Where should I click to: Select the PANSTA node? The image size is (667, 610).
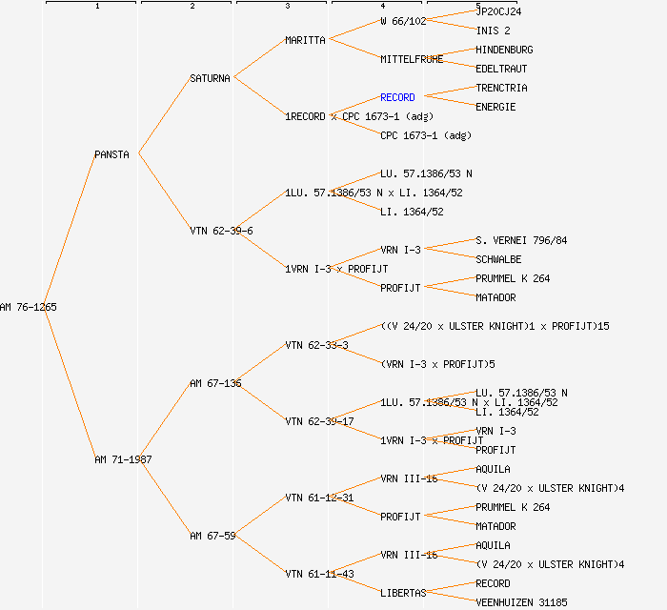pyautogui.click(x=111, y=154)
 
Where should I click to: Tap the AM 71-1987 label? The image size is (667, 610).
pyautogui.click(x=123, y=459)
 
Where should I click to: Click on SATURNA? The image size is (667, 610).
pyautogui.click(x=210, y=78)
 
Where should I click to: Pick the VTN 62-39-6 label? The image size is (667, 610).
pyautogui.click(x=221, y=231)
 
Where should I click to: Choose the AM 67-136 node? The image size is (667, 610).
pyautogui.click(x=215, y=383)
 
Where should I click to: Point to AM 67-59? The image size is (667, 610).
pyautogui.click(x=212, y=536)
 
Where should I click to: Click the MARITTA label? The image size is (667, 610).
pyautogui.click(x=305, y=40)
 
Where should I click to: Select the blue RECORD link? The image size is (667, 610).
pyautogui.click(x=397, y=97)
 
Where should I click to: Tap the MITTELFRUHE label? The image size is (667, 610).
pyautogui.click(x=412, y=59)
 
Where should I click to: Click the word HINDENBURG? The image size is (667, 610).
pyautogui.click(x=504, y=50)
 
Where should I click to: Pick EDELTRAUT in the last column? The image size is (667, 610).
pyautogui.click(x=501, y=69)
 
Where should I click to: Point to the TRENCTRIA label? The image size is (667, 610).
pyautogui.click(x=501, y=88)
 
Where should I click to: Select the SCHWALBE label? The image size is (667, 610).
pyautogui.click(x=498, y=259)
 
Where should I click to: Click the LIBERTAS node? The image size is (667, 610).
pyautogui.click(x=403, y=593)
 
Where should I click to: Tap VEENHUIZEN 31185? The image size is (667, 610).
pyautogui.click(x=521, y=602)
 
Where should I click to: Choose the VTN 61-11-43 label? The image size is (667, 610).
pyautogui.click(x=319, y=574)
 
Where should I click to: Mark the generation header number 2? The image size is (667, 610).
pyautogui.click(x=192, y=7)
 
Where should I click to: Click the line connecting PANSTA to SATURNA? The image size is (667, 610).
pyautogui.click(x=164, y=116)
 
